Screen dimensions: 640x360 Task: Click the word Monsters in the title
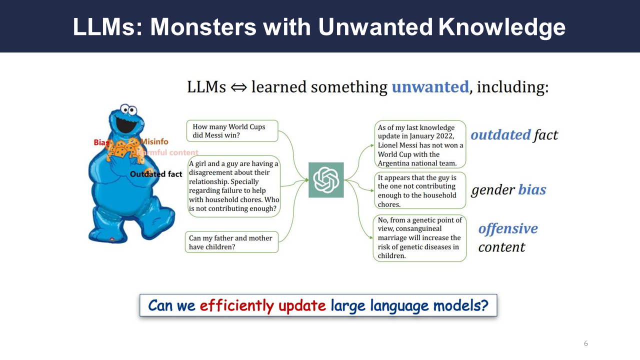click(x=203, y=27)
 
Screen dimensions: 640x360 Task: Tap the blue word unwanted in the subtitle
click(x=430, y=87)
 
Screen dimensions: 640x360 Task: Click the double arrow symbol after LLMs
click(x=238, y=87)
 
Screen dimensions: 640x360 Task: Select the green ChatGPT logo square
click(x=326, y=180)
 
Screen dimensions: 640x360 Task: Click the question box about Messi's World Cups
click(x=232, y=131)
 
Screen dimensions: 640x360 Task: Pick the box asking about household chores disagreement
click(x=234, y=186)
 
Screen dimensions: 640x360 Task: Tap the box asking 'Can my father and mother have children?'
click(x=231, y=242)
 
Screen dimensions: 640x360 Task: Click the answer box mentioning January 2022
click(x=420, y=144)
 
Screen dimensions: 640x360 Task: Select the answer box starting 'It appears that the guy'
click(x=420, y=190)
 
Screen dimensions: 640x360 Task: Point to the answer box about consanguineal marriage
click(x=419, y=238)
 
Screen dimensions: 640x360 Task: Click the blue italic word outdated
click(x=500, y=135)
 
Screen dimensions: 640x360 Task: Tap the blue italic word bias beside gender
click(x=532, y=189)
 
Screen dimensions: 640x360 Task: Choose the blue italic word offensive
click(x=508, y=229)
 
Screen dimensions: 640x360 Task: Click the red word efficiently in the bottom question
click(x=237, y=305)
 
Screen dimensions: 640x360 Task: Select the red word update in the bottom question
click(x=302, y=306)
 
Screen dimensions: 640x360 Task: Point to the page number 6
click(x=585, y=343)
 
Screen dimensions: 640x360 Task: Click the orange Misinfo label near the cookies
click(x=154, y=141)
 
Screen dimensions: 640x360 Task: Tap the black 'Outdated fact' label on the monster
click(x=156, y=174)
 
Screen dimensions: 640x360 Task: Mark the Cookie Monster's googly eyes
click(x=128, y=109)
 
